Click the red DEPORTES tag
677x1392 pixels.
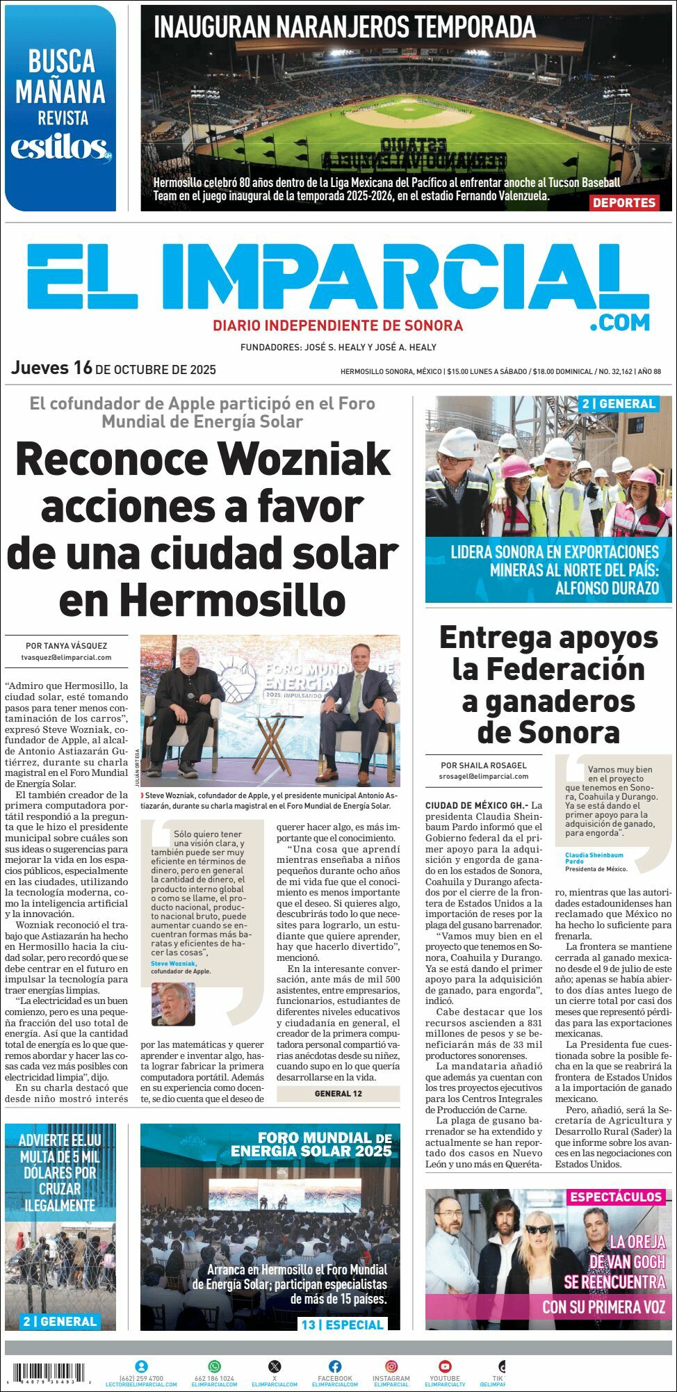pyautogui.click(x=624, y=202)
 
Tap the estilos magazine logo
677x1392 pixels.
pyautogui.click(x=60, y=148)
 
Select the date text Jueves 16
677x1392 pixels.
pyautogui.click(x=51, y=368)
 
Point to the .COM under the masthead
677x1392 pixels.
pyautogui.click(x=619, y=323)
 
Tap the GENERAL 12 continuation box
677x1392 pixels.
pyautogui.click(x=338, y=1093)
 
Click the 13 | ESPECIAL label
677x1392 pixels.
pyautogui.click(x=342, y=1325)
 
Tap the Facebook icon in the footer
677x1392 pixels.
pyautogui.click(x=335, y=1366)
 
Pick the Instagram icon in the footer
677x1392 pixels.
pyautogui.click(x=391, y=1366)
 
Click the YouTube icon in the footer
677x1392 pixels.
pyautogui.click(x=445, y=1366)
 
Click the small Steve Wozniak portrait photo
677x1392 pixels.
pyautogui.click(x=173, y=1003)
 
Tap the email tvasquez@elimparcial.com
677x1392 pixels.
pyautogui.click(x=67, y=657)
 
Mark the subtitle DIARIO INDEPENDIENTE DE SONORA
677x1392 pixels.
pyautogui.click(x=338, y=325)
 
